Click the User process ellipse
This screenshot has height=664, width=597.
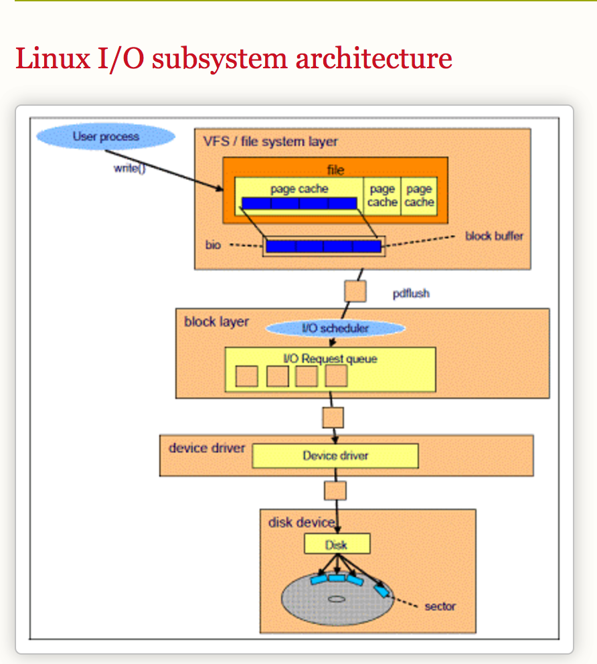(106, 137)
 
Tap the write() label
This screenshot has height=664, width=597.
(129, 169)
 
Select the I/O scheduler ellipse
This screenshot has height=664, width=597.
(335, 329)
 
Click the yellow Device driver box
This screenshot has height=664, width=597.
(335, 456)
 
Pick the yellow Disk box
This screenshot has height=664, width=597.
(337, 544)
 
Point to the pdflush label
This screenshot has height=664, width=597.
(411, 293)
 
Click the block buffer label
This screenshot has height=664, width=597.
(494, 236)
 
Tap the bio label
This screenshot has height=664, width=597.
(213, 246)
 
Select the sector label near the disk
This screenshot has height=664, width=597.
(440, 606)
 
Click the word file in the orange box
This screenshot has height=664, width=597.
(335, 170)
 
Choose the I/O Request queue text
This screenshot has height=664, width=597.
(330, 359)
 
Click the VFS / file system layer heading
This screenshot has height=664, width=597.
(270, 142)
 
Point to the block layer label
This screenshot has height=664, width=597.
(216, 322)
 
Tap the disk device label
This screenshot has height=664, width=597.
(301, 522)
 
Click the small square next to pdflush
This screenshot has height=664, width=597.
(355, 291)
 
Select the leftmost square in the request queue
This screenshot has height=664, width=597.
(246, 376)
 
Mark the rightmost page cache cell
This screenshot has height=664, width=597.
(419, 196)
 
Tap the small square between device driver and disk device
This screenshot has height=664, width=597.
(335, 491)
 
